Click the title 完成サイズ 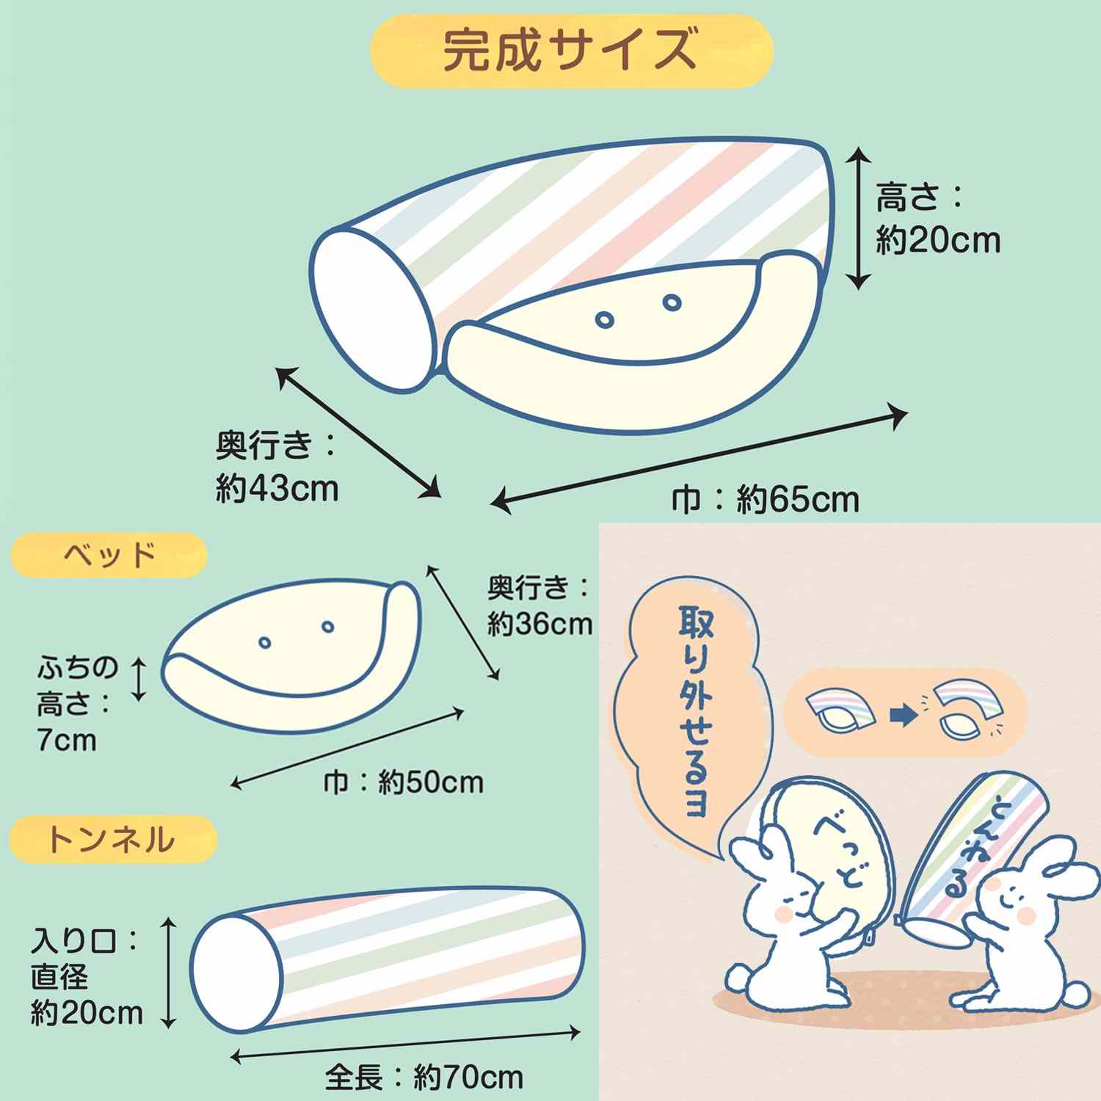click(570, 50)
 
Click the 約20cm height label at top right click(938, 240)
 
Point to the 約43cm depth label click(277, 488)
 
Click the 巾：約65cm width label click(766, 501)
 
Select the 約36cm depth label click(540, 624)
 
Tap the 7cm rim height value click(67, 740)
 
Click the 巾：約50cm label click(404, 782)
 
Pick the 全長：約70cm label click(424, 1078)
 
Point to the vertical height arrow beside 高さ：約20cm click(858, 217)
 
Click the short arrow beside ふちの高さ click(139, 679)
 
